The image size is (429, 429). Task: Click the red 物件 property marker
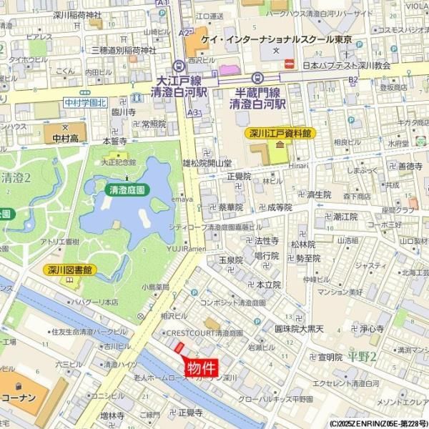(x=202, y=368)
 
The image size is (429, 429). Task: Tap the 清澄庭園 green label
(x=127, y=190)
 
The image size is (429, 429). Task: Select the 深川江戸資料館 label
(x=280, y=133)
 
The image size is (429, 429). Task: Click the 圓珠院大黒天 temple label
(x=300, y=330)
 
